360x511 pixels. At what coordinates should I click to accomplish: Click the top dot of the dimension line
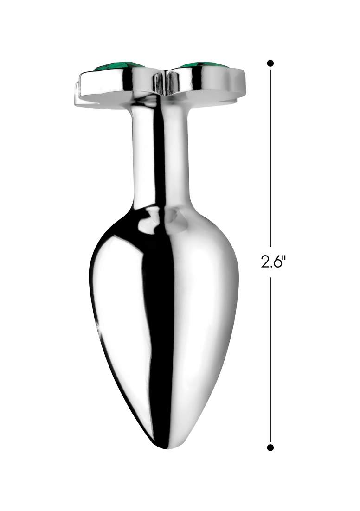[x=270, y=63]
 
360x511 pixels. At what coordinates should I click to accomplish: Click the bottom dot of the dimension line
[x=270, y=447]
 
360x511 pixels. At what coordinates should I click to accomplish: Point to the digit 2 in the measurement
[x=264, y=262]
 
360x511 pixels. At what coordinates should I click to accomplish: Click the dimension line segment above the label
[x=270, y=156]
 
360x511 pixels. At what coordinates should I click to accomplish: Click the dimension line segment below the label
[x=270, y=360]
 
